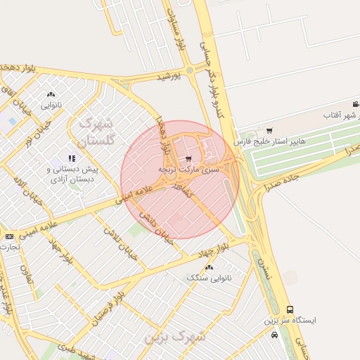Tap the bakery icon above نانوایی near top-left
(x=51, y=94)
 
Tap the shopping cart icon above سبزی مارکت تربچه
(x=188, y=158)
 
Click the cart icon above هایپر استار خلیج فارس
(x=270, y=130)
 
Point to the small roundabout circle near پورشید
(x=189, y=70)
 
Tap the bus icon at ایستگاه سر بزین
(x=290, y=309)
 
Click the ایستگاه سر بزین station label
(x=290, y=321)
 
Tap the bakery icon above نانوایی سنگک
(x=209, y=267)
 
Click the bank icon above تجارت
(x=9, y=236)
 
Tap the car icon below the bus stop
(x=274, y=335)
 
